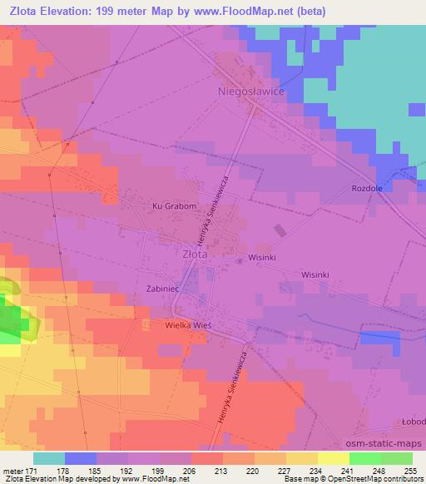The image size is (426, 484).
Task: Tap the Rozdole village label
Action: pos(367,188)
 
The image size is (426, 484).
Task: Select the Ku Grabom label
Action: pos(174,206)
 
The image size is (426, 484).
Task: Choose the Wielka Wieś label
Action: pos(188,326)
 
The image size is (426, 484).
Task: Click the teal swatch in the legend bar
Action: pos(49,458)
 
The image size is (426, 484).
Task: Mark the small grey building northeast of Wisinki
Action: pos(281,230)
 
